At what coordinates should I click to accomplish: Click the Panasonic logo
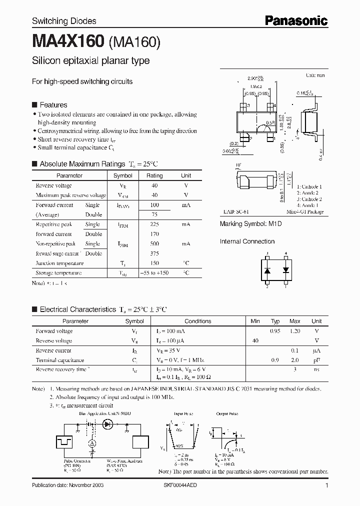(x=296, y=20)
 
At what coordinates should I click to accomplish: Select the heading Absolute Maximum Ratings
(x=82, y=164)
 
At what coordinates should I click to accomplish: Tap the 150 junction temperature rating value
(x=154, y=263)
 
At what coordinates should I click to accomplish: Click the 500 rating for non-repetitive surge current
(x=154, y=244)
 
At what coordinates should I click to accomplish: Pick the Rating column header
(x=154, y=176)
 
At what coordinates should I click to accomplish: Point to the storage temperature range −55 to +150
(x=154, y=273)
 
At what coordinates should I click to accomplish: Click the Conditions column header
(x=197, y=321)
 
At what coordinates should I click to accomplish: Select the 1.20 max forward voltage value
(x=295, y=331)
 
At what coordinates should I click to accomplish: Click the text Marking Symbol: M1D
(x=251, y=224)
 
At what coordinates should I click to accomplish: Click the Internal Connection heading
(x=247, y=241)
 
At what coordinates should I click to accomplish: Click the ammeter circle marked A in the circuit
(x=92, y=443)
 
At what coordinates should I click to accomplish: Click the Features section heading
(x=53, y=105)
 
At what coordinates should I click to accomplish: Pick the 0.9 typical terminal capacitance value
(x=275, y=360)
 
